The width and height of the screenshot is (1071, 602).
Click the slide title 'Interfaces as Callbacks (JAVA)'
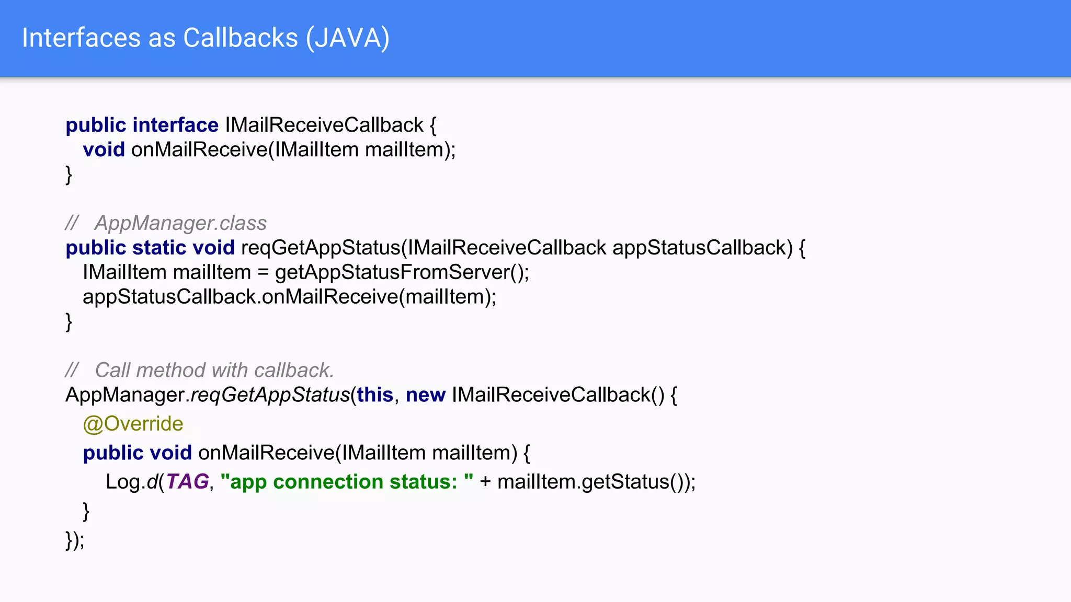click(206, 38)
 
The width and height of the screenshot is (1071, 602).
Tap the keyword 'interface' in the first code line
click(175, 125)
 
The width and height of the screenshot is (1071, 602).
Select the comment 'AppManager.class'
click(180, 223)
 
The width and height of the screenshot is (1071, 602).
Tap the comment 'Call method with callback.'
click(214, 371)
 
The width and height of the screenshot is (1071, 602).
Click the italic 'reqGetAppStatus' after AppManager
click(270, 395)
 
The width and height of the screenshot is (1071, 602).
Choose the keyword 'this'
click(375, 395)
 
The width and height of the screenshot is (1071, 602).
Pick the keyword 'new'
click(425, 395)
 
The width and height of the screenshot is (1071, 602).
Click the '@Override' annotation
click(133, 424)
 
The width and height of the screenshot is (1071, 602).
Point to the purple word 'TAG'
click(187, 482)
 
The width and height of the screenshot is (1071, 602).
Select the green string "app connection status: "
click(347, 482)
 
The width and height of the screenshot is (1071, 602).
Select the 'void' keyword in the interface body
click(104, 150)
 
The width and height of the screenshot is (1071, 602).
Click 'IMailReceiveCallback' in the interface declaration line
click(324, 125)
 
